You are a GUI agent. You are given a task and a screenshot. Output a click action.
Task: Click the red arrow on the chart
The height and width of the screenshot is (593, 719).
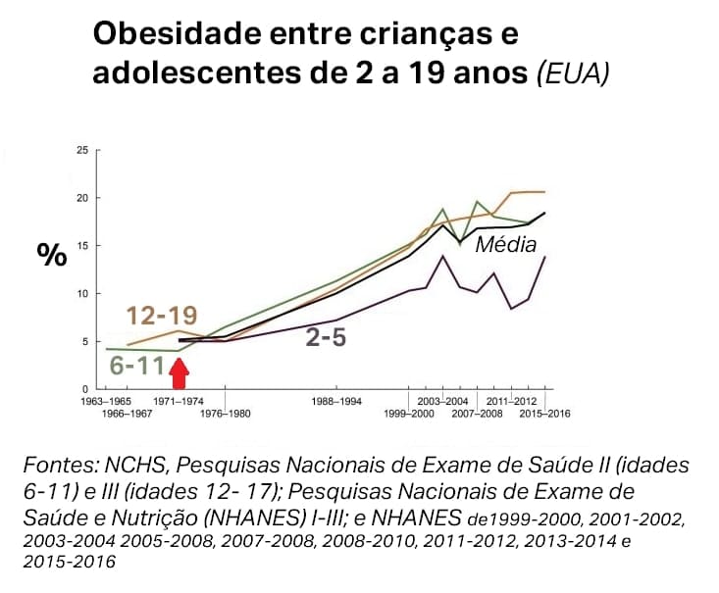(x=179, y=373)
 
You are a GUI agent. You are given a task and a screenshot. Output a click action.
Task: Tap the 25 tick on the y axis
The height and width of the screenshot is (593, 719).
(x=82, y=150)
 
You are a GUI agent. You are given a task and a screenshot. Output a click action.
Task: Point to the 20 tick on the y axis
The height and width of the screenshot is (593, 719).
(x=82, y=198)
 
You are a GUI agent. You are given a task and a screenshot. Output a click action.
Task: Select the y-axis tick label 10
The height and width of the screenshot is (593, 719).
(x=82, y=294)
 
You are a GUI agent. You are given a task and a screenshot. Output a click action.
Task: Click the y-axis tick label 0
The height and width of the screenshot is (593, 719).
(x=85, y=390)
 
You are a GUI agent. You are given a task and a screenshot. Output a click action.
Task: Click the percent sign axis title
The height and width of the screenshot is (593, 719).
(x=52, y=255)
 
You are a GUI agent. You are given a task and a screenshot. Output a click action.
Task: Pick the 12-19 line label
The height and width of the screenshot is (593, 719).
(x=162, y=316)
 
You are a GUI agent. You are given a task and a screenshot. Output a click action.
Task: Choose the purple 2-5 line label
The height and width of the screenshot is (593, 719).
(x=327, y=339)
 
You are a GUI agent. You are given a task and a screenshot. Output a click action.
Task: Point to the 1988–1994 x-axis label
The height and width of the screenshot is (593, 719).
(x=336, y=402)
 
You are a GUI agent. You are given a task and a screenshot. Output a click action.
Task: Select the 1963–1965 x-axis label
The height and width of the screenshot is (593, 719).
(x=104, y=402)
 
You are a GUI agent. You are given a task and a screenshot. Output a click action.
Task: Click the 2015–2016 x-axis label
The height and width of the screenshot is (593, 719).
(x=545, y=413)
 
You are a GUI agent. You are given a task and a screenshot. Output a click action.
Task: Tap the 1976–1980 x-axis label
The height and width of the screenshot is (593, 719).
(x=226, y=413)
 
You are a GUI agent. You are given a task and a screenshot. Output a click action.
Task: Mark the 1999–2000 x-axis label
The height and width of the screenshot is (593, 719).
(x=408, y=413)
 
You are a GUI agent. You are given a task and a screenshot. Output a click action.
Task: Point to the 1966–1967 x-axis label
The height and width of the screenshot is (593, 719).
(x=127, y=413)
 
